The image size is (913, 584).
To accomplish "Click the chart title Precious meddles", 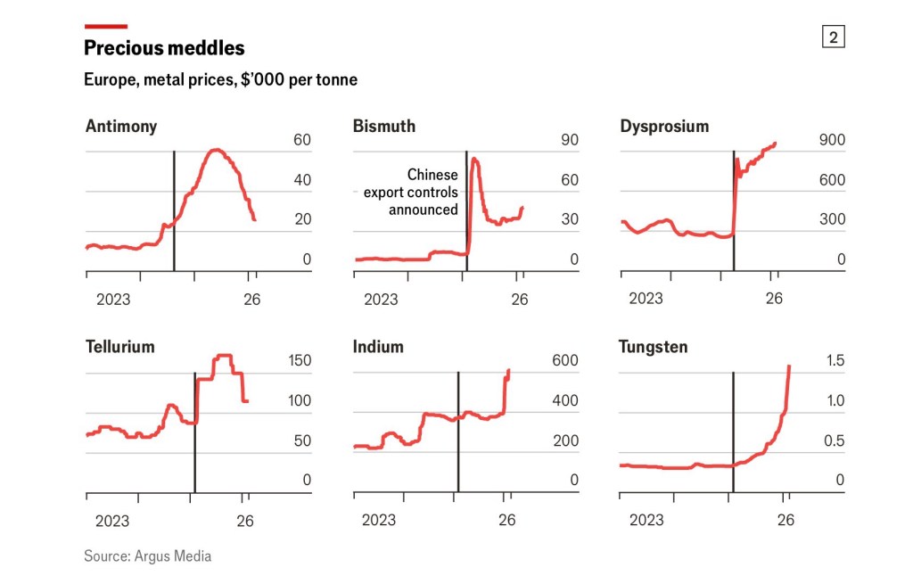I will coord(164,48).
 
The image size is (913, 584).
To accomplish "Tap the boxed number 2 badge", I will coord(833,37).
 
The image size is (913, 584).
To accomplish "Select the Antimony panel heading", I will coord(120,126).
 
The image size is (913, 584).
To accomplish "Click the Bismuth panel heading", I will coord(384,126).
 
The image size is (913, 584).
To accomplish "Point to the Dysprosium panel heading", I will coord(664,126).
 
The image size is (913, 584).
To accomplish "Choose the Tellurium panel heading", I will coord(119,347).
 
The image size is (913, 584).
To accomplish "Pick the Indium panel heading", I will coord(378,347).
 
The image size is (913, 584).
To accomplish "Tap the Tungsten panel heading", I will coord(654,347).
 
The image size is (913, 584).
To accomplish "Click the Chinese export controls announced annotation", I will coord(412,192).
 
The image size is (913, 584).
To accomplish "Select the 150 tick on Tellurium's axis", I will coord(300,361).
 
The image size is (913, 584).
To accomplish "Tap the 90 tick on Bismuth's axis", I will coord(570,140).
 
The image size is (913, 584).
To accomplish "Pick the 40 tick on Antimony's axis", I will coord(302,180).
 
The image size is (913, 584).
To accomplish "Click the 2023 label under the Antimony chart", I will coord(113,300).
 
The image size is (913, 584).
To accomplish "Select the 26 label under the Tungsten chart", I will coord(786,520).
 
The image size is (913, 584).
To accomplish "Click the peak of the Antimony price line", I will coord(216,150).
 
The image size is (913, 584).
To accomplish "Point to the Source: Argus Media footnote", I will coord(147,556).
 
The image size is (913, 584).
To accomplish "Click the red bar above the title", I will coord(105,26).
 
